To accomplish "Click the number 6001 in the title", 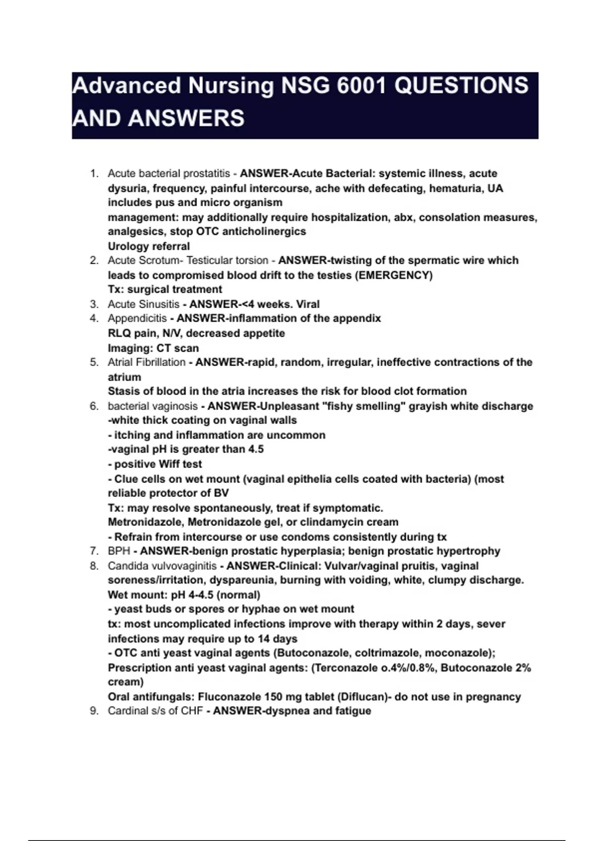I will (361, 86).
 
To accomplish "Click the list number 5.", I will (94, 362).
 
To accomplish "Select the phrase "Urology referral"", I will (148, 246).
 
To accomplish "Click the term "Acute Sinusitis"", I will (144, 304).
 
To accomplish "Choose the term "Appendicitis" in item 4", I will (137, 318).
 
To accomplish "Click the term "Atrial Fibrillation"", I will (147, 362).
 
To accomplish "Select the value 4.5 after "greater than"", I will (254, 449).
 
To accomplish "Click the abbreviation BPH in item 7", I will (119, 551).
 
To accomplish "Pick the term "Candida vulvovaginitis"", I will (162, 566).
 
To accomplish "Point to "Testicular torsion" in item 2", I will (227, 261).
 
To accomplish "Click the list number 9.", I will (94, 711).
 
